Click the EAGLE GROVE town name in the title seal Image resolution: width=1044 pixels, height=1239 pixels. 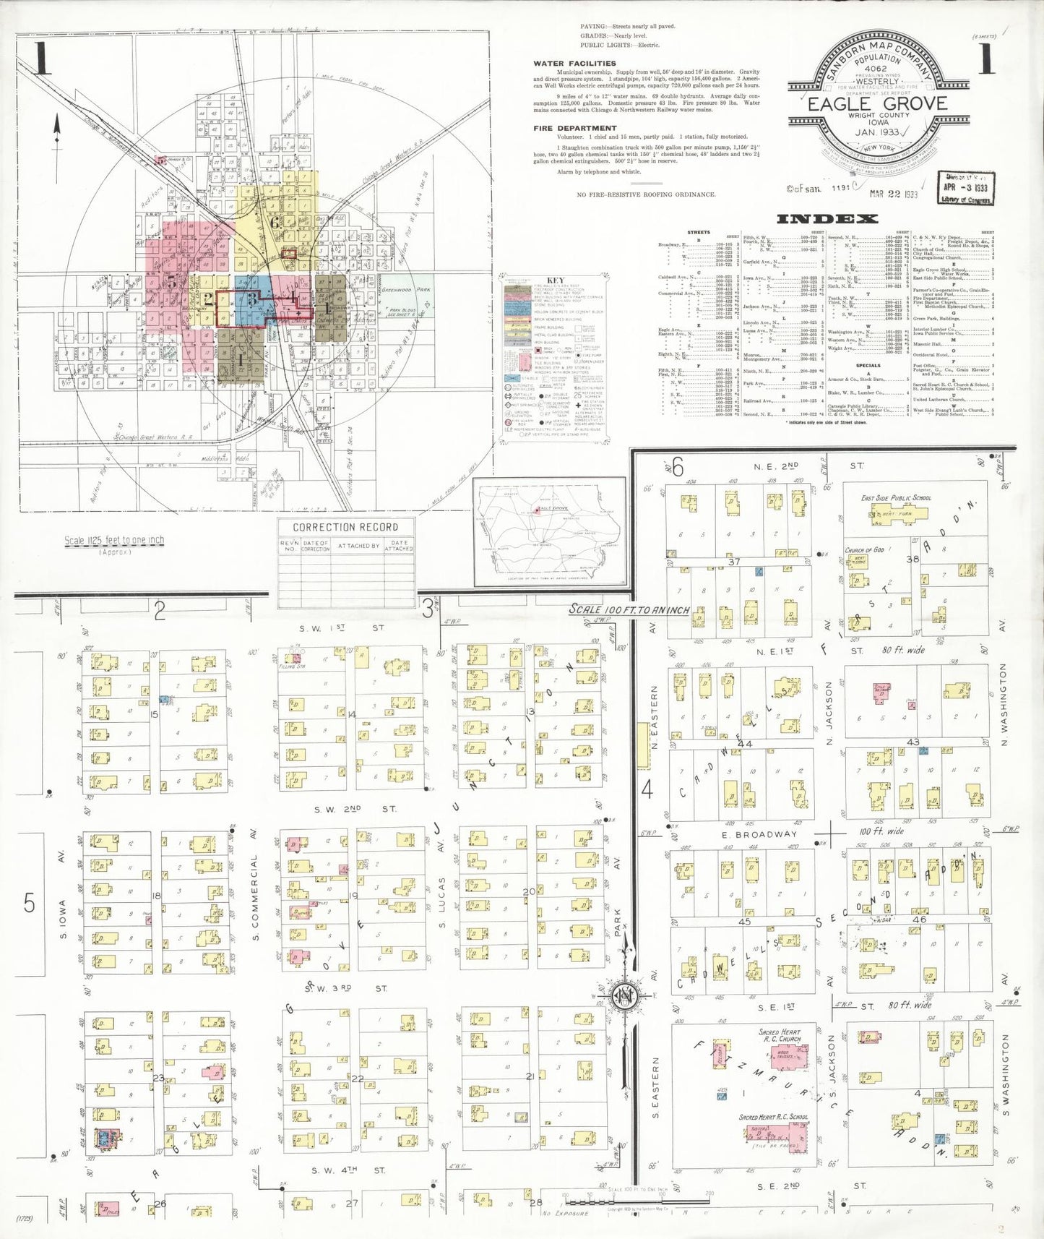point(877,103)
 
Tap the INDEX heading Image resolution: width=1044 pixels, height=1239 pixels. point(827,218)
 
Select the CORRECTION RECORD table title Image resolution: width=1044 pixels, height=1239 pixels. point(345,527)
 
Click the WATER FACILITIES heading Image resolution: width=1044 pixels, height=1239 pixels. point(574,64)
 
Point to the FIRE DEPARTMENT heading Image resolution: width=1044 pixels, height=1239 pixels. point(575,128)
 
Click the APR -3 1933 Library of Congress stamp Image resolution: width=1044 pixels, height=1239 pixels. point(965,188)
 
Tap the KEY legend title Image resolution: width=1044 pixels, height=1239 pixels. point(555,280)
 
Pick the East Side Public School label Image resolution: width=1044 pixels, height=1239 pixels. point(896,498)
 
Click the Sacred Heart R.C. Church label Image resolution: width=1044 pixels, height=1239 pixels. point(780,1035)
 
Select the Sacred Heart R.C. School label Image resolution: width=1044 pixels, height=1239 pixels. point(773,1117)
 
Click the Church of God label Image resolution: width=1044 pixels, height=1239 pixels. point(864,550)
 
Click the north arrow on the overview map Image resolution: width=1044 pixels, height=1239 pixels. point(56,130)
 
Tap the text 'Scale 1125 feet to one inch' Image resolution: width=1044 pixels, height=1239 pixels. point(114,540)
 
